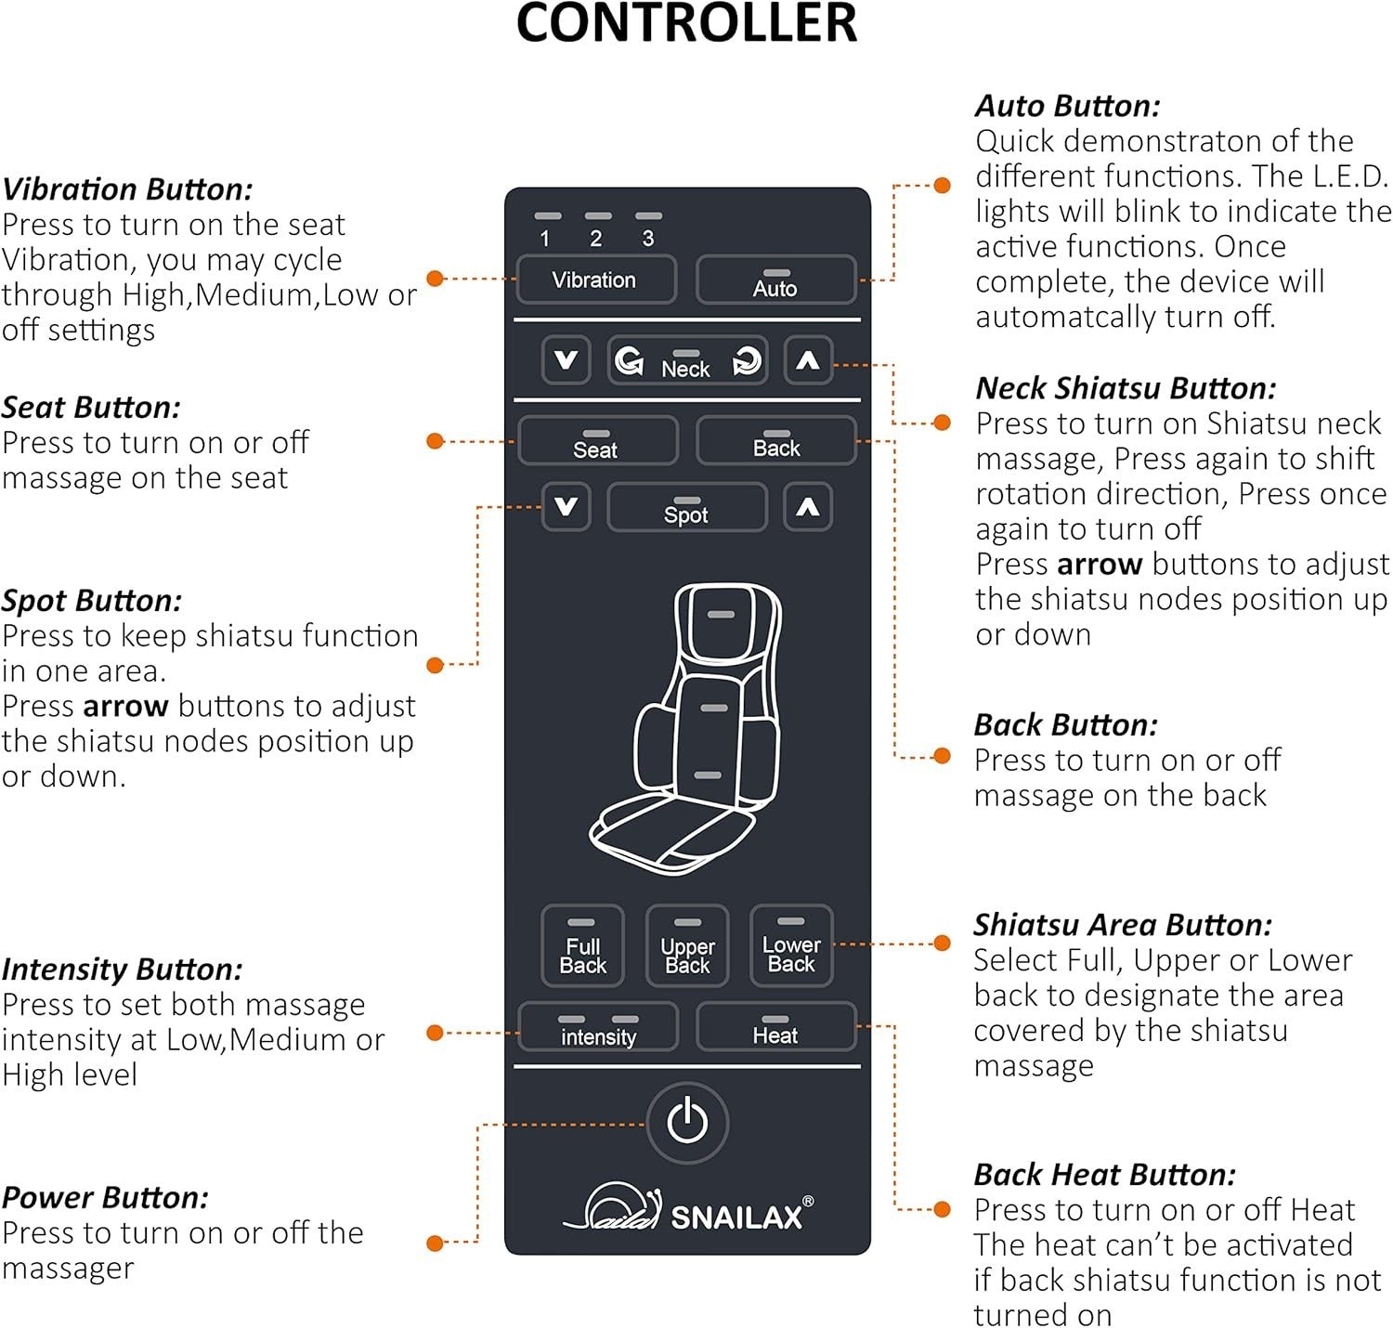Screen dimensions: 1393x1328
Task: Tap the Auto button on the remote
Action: tap(775, 280)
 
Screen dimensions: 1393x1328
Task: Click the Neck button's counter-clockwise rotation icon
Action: tap(629, 360)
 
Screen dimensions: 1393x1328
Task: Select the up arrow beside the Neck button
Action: tap(807, 360)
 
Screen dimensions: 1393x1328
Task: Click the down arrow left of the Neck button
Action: tap(566, 360)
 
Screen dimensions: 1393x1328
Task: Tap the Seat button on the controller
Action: tap(597, 441)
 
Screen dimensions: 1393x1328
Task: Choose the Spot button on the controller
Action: tap(686, 507)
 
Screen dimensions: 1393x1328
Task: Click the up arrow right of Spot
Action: tap(807, 507)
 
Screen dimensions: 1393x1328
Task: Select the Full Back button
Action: tap(582, 945)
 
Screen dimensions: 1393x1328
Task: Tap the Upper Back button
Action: tap(686, 945)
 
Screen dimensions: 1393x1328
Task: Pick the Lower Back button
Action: tap(790, 945)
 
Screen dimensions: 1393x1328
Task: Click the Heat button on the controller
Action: tap(775, 1027)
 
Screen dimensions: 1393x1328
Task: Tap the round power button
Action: tap(686, 1123)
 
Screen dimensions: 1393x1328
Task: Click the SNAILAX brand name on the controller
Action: tap(736, 1217)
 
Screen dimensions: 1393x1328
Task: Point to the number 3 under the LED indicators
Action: tap(647, 239)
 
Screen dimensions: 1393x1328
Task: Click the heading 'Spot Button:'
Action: tap(91, 601)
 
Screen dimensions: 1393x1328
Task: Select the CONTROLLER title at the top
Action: tap(686, 22)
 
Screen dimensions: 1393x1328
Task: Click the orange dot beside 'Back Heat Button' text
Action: tap(942, 1209)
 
